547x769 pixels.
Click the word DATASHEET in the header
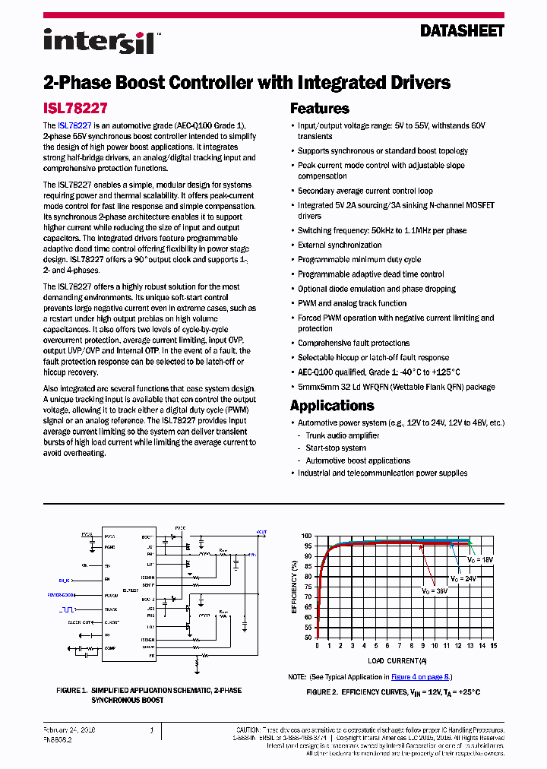[462, 31]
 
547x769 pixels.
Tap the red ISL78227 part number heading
[74, 109]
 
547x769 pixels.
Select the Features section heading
[320, 109]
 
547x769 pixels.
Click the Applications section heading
[332, 406]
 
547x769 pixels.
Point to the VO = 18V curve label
[479, 559]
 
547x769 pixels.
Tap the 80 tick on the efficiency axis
[307, 575]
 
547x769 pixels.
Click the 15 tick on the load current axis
[493, 645]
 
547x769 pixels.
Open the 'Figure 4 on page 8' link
[420, 676]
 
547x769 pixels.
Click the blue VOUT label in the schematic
[261, 532]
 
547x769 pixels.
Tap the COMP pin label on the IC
[109, 647]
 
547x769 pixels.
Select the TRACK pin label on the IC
[111, 609]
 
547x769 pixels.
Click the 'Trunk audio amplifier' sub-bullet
[343, 435]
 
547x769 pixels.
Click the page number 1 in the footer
[151, 730]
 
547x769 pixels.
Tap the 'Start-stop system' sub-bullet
[336, 448]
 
